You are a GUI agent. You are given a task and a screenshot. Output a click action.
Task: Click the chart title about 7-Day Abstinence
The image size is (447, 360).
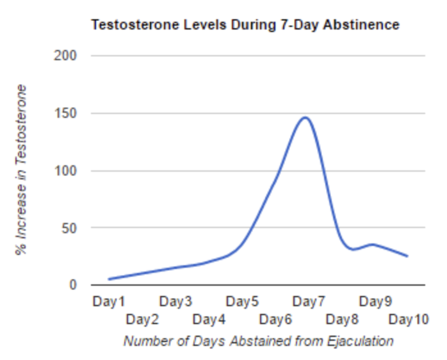click(245, 25)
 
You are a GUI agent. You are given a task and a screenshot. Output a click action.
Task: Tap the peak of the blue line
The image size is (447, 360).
click(305, 118)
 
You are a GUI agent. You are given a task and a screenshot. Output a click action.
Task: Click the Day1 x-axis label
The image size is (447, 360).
click(109, 301)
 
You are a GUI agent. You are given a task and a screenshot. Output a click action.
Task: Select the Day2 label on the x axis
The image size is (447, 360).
click(142, 318)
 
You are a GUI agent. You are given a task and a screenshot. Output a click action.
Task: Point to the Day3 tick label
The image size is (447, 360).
click(175, 301)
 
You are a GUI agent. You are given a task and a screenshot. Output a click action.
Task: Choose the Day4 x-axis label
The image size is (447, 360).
click(209, 318)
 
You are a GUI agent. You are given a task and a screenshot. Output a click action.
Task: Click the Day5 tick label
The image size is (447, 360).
click(242, 301)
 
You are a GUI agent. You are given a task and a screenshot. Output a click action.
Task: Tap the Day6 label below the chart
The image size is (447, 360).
click(275, 318)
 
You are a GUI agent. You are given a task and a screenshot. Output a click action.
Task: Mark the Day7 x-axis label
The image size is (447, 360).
click(309, 301)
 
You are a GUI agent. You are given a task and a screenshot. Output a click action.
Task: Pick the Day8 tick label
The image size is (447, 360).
click(342, 318)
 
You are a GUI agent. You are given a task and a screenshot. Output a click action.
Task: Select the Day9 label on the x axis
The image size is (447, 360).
click(375, 301)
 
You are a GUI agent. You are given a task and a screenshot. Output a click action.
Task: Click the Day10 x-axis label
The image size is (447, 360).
click(408, 318)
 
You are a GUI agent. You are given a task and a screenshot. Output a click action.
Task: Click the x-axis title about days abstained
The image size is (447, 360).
click(258, 341)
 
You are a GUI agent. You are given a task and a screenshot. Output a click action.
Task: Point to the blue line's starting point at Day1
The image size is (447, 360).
click(110, 279)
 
